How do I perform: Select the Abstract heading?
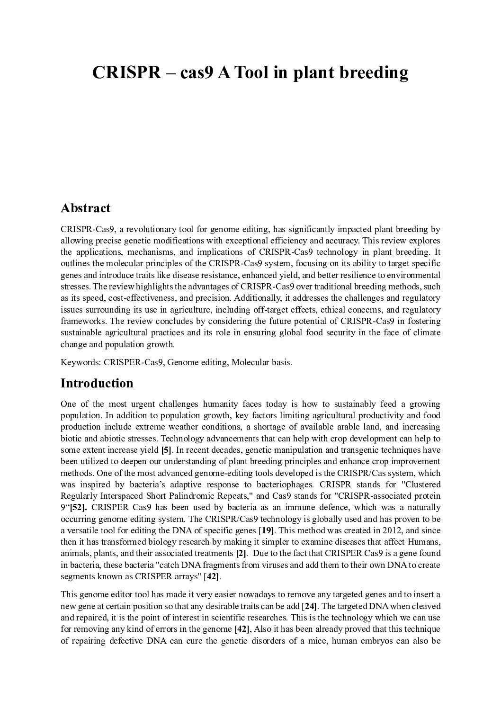tap(85, 208)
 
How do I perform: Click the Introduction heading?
tap(97, 383)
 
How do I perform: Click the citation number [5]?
tap(166, 450)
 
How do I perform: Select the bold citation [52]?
tap(78, 507)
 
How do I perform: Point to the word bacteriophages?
tap(283, 485)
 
